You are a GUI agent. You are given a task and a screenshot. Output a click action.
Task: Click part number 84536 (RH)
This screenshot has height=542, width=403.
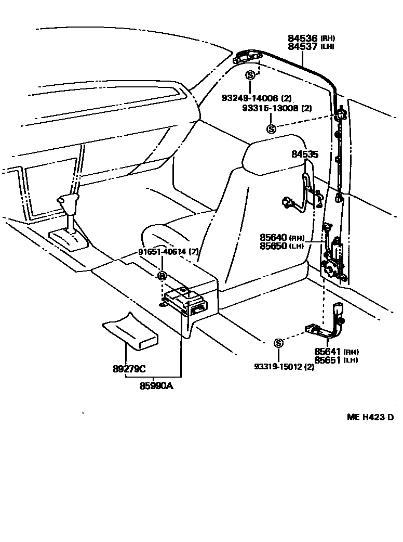312,38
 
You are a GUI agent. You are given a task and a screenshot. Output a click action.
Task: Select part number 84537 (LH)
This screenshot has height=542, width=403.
312,47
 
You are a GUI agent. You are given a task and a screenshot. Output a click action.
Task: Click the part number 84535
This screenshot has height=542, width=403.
305,154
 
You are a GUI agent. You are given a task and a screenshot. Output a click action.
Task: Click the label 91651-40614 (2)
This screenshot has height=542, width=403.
168,252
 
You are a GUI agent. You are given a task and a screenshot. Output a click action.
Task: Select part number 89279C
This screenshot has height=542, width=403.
129,369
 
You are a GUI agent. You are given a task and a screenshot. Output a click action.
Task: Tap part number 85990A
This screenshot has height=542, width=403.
156,385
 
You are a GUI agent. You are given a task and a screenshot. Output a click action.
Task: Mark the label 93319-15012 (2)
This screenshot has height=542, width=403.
284,367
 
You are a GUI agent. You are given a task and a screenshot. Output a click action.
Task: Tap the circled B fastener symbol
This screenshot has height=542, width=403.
162,276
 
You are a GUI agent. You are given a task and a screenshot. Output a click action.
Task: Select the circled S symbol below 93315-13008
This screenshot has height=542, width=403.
271,129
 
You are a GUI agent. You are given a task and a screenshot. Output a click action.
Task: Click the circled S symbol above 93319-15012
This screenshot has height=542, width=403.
278,343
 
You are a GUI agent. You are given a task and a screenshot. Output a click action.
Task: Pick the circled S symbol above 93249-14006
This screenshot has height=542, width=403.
250,75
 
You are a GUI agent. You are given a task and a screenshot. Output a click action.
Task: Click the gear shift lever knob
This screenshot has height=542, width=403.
68,201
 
